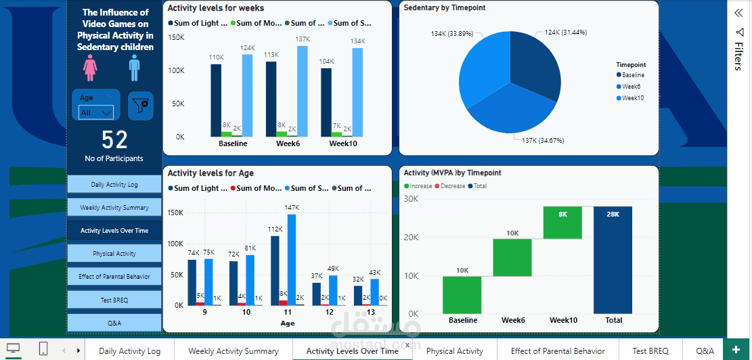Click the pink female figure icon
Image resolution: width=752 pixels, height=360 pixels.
click(90, 68)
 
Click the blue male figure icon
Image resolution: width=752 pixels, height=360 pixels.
click(134, 68)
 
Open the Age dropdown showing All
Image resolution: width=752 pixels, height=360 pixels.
click(95, 112)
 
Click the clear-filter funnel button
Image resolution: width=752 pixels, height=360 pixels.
click(141, 106)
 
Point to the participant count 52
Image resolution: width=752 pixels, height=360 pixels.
click(114, 140)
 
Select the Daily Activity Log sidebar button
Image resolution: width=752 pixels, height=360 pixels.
click(114, 185)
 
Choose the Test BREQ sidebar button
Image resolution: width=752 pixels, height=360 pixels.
click(114, 300)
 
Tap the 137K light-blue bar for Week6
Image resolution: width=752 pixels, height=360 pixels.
click(302, 91)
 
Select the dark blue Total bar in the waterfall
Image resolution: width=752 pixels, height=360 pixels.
click(613, 260)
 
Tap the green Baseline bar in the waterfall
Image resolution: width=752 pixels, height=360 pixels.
click(462, 295)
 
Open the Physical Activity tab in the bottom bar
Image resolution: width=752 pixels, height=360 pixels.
click(455, 351)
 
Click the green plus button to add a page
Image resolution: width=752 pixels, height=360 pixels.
click(736, 350)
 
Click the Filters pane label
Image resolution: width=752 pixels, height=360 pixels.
click(738, 55)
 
